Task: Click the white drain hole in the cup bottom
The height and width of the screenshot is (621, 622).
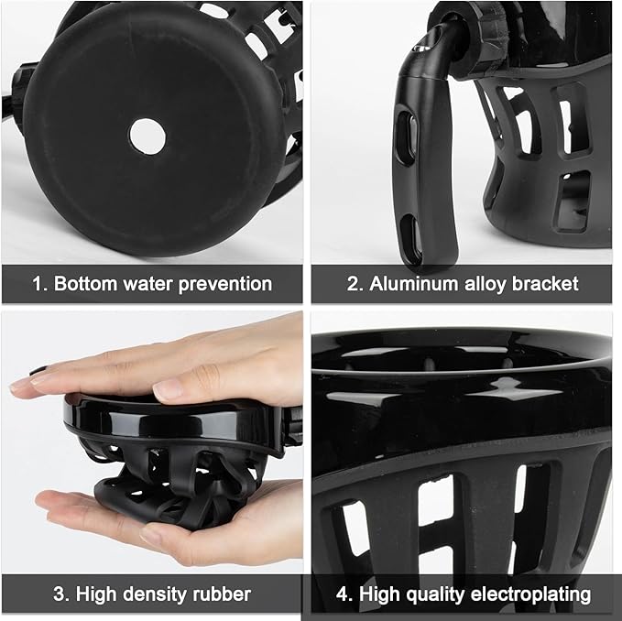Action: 147,136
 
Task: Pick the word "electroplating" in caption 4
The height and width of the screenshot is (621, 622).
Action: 531,594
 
